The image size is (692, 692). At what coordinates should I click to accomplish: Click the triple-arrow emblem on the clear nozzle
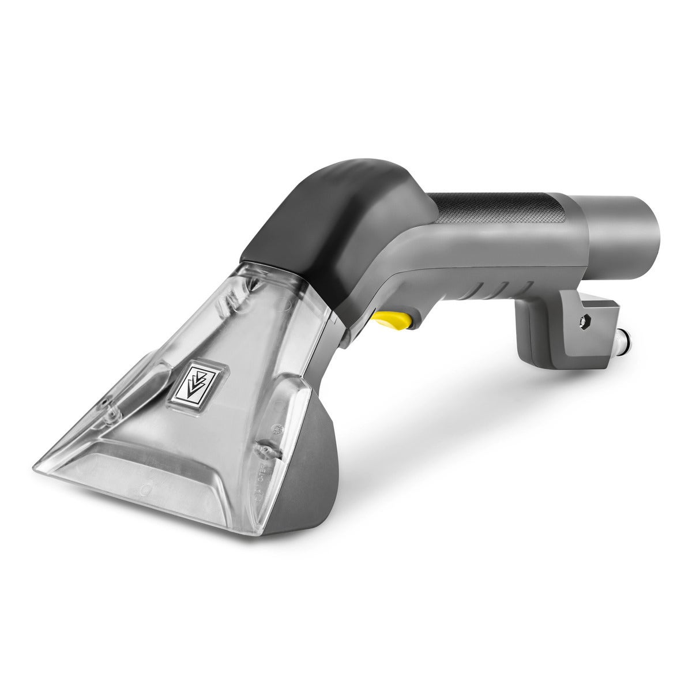pyautogui.click(x=195, y=383)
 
